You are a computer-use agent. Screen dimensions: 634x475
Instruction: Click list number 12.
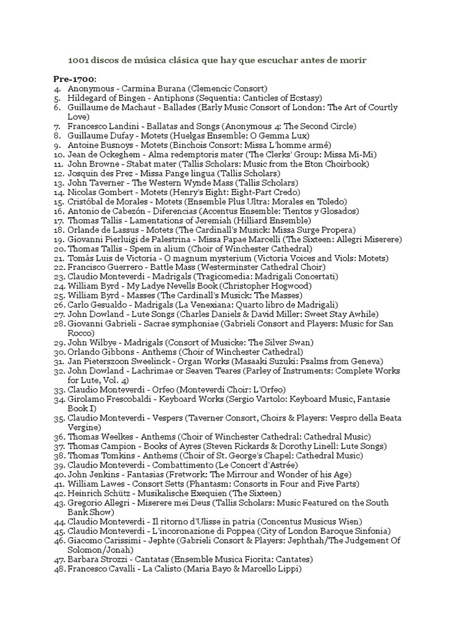click(59, 173)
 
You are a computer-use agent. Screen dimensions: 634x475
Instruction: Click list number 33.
click(59, 389)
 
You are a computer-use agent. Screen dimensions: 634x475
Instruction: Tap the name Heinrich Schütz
click(101, 493)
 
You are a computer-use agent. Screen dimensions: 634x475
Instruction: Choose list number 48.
click(59, 568)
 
